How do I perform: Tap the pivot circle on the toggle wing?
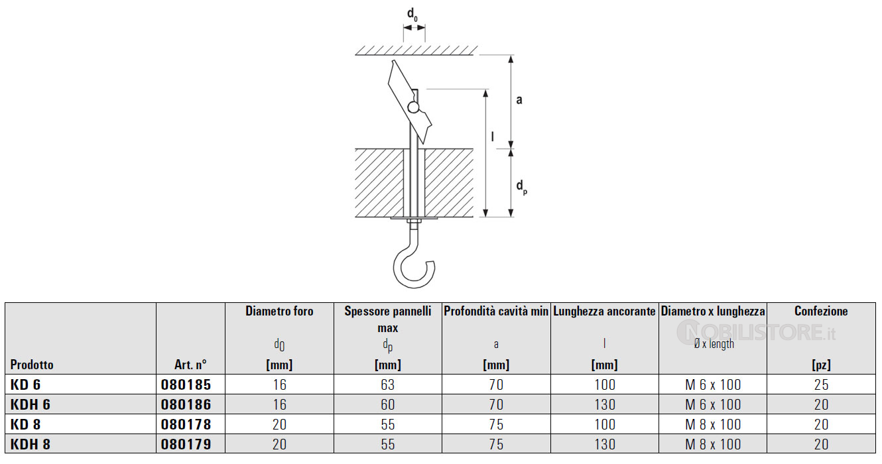click(413, 107)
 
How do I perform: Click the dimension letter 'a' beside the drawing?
click(519, 100)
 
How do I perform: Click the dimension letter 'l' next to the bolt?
click(493, 136)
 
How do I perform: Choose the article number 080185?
click(186, 384)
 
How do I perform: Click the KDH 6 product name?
click(31, 404)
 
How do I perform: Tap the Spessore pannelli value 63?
click(387, 384)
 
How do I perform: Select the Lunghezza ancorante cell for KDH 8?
click(605, 444)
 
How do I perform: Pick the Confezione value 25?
click(821, 384)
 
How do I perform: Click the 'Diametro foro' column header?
click(280, 312)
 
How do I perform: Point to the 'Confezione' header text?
click(821, 312)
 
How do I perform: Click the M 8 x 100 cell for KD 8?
click(713, 424)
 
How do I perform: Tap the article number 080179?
click(186, 444)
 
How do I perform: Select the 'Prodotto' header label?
click(32, 365)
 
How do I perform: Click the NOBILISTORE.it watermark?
click(756, 333)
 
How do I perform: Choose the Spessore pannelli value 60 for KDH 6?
click(387, 404)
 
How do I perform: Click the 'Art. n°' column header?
click(190, 365)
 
